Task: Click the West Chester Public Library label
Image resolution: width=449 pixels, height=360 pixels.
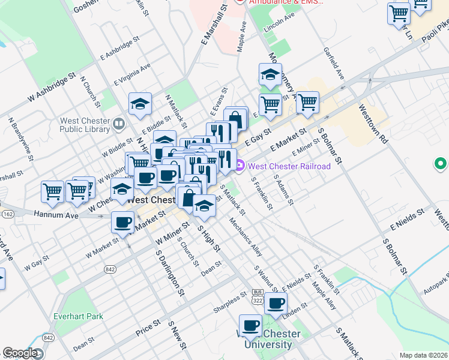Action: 85,125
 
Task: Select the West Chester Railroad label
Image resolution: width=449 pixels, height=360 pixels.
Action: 289,166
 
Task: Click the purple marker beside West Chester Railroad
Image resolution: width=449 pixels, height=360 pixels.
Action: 240,166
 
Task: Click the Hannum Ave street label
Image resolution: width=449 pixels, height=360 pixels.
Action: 56,214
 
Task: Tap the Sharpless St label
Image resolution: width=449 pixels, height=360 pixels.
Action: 231,303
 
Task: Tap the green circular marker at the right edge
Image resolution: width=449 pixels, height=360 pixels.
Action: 441,163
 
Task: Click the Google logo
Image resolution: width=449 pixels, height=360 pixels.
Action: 20,353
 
